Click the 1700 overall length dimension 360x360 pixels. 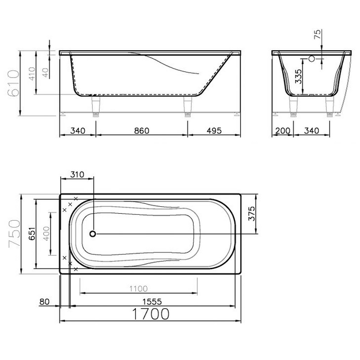coord(151,314)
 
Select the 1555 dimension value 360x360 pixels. coord(152,301)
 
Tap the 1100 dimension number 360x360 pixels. coord(138,289)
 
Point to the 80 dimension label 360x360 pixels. coord(44,301)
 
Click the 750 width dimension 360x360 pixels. coord(14,234)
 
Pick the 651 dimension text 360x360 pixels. coord(32,234)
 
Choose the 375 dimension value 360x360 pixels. coord(252,214)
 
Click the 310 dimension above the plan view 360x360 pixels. coord(77,175)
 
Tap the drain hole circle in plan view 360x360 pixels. coord(93,234)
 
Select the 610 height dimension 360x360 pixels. coord(13,83)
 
